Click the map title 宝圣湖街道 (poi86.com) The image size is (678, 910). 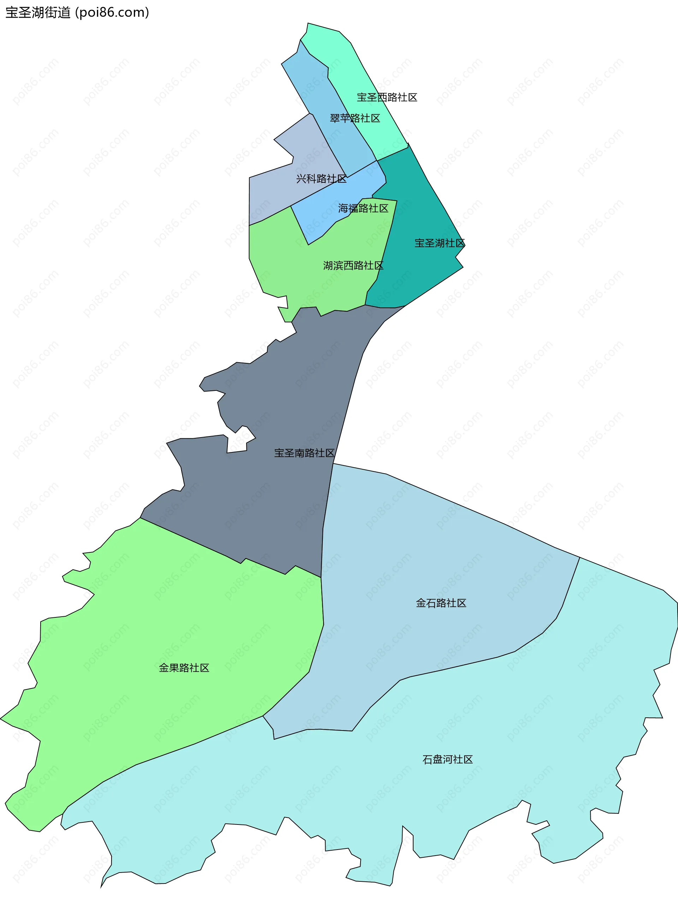point(77,12)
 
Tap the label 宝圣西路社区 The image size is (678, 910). point(387,97)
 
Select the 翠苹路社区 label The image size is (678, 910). point(355,118)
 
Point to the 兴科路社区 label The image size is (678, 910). point(321,178)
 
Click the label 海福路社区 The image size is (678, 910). point(363,208)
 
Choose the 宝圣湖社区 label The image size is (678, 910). point(440,243)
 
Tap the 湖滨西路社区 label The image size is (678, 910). point(353,265)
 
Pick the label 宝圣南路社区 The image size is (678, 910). point(304,453)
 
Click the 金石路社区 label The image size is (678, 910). point(441,603)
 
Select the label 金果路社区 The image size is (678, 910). point(184,668)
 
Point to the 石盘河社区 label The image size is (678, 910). point(447,759)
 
